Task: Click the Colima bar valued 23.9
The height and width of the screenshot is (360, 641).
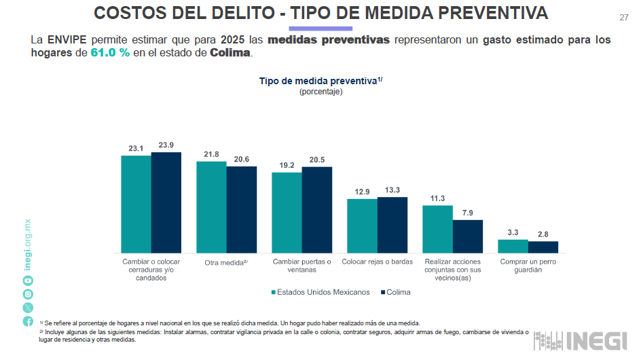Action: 166,202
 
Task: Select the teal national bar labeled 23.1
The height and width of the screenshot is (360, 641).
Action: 136,204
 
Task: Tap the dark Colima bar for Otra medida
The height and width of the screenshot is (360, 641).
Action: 242,209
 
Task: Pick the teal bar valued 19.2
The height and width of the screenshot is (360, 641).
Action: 287,213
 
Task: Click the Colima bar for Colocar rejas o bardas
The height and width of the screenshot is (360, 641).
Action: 392,225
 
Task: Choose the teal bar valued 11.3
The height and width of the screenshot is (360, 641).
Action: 437,229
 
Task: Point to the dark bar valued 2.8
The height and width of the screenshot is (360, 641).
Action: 543,247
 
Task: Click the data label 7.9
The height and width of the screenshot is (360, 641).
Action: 468,213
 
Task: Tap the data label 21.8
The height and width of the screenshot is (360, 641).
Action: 211,154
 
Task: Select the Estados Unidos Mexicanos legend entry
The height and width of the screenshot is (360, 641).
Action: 320,292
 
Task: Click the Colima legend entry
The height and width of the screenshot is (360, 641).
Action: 395,292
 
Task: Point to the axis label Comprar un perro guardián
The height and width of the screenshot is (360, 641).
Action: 528,266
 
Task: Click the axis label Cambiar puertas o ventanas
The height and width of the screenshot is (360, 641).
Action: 301,266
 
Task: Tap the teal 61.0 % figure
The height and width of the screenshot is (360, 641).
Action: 110,53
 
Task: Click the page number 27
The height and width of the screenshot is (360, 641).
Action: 624,17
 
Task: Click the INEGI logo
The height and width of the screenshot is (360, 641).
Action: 581,341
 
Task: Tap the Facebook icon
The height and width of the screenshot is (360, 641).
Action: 28,321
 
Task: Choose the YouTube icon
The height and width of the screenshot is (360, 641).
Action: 28,281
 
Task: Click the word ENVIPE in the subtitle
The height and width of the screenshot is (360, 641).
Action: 67,39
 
